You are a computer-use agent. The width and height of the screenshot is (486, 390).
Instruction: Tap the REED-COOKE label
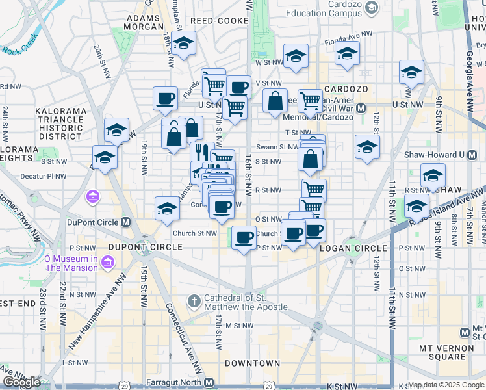220,21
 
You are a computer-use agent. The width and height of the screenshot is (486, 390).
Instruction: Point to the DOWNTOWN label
253,363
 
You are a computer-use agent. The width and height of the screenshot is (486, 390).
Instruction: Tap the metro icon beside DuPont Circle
126,222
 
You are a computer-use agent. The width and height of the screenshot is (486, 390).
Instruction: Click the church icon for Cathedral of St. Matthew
194,302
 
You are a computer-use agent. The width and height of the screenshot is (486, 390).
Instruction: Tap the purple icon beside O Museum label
107,263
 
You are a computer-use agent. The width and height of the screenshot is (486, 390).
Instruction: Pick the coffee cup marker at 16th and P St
244,237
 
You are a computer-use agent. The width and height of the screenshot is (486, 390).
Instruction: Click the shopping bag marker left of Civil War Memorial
275,101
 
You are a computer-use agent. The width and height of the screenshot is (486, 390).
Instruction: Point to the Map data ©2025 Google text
446,385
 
